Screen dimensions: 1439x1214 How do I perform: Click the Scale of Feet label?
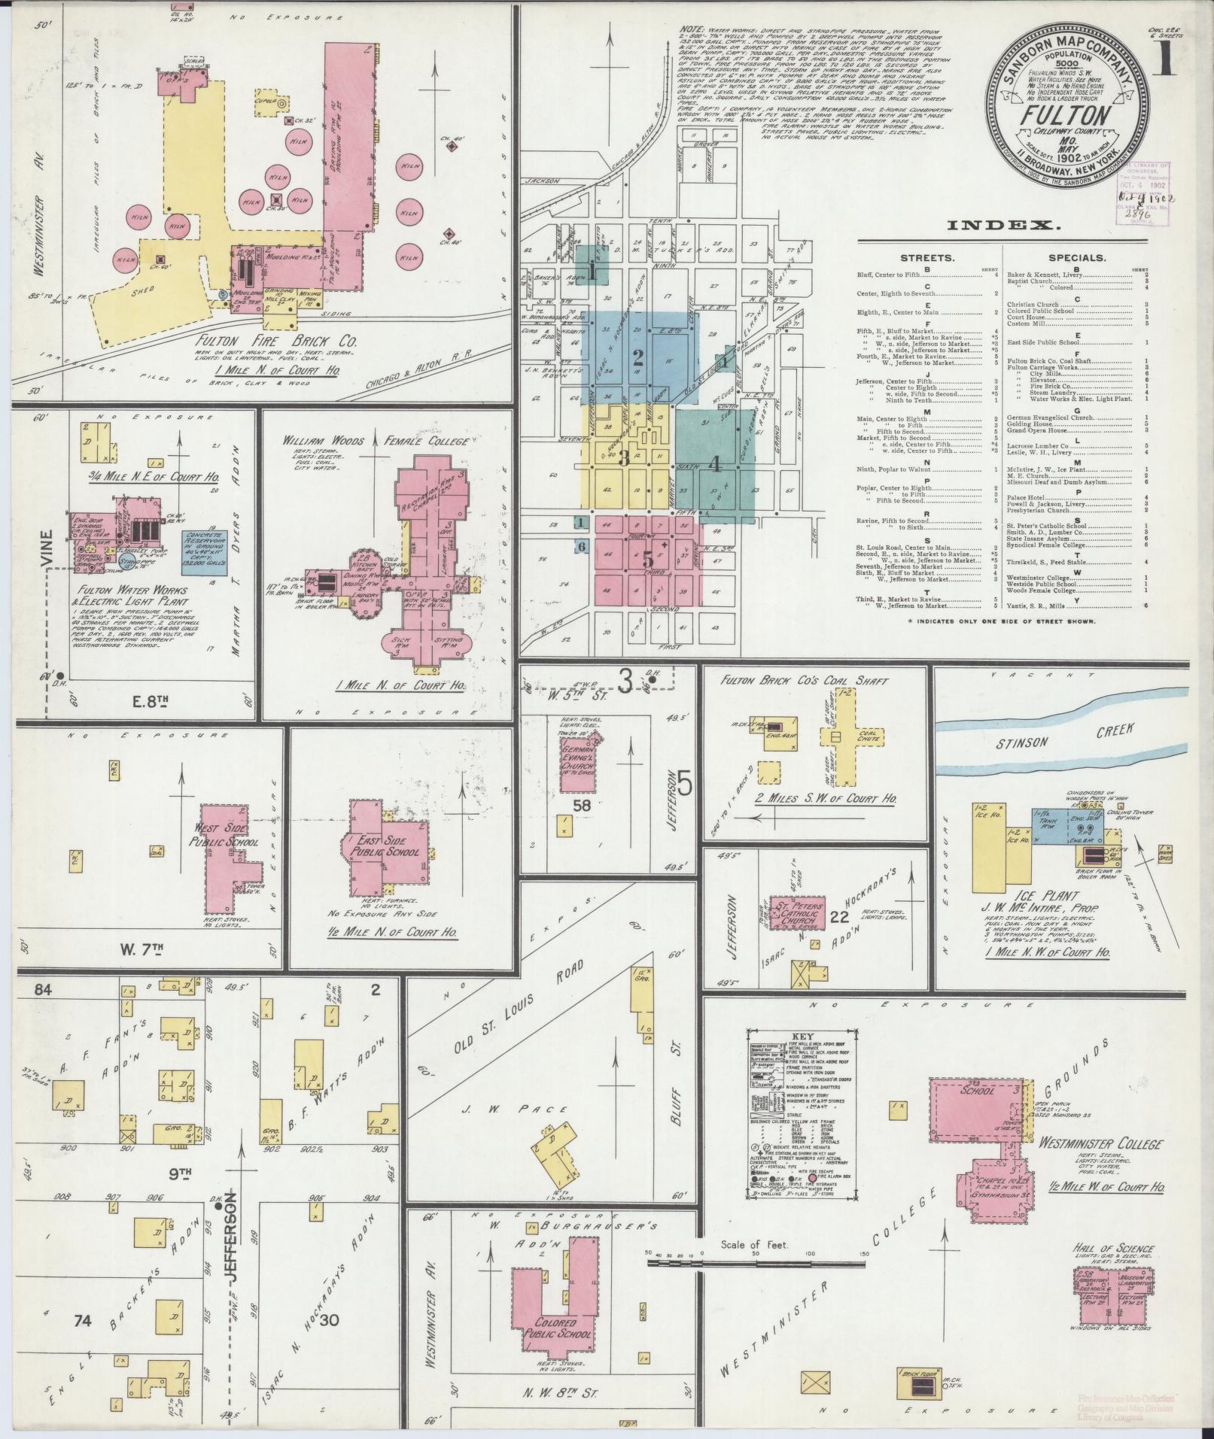[x=752, y=1245]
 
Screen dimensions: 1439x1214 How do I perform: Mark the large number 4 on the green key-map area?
[x=716, y=464]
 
